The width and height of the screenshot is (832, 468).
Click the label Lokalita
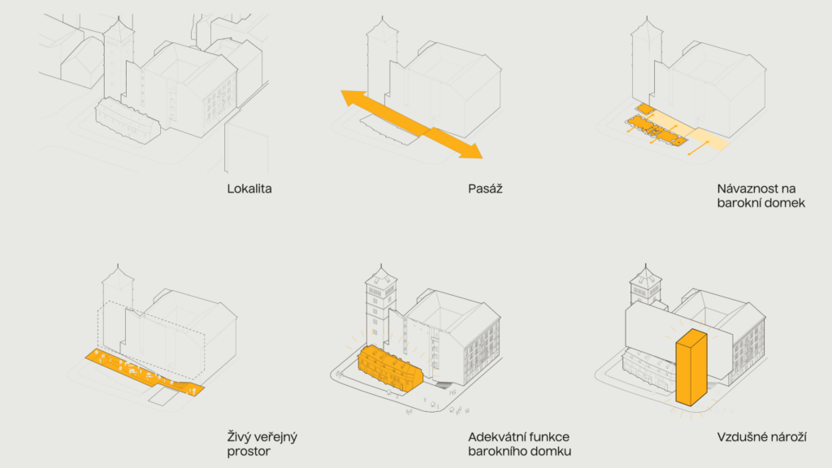click(x=249, y=189)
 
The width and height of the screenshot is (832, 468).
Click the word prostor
click(x=249, y=452)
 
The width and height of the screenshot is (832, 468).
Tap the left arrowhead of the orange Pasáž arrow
click(x=351, y=99)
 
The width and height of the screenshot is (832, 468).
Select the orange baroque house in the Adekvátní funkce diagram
click(x=388, y=368)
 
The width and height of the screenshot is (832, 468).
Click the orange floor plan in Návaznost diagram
click(x=656, y=128)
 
